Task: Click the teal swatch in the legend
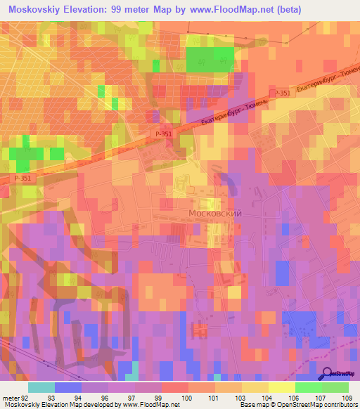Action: coord(41,387)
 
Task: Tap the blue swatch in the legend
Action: coord(68,387)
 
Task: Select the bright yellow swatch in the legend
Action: coord(281,387)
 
